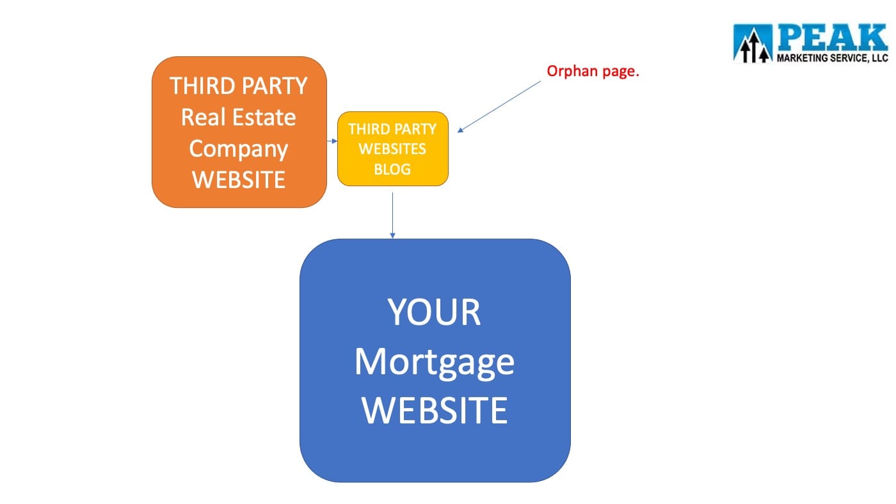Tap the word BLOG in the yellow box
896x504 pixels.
(x=392, y=169)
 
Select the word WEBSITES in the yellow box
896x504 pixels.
(x=392, y=148)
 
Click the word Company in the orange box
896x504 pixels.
(x=238, y=150)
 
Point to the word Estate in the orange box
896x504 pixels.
(x=264, y=117)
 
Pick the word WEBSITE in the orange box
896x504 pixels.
(x=238, y=180)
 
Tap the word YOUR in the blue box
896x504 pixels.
(x=434, y=312)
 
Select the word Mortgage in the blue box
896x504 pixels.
(x=435, y=363)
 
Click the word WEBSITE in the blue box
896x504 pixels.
(x=435, y=410)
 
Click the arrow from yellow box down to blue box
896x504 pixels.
(x=392, y=216)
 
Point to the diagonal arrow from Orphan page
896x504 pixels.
(x=499, y=107)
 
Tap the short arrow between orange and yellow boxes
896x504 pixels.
(x=332, y=141)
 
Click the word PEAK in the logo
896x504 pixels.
(x=833, y=38)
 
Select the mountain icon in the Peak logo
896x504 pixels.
(x=753, y=43)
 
